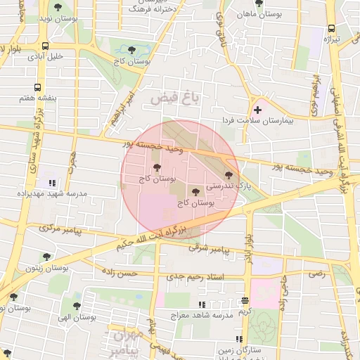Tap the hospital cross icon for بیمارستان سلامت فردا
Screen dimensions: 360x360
[258, 110]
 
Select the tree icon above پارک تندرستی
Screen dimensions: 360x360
[228, 174]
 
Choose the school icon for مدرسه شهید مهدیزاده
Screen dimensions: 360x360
[51, 183]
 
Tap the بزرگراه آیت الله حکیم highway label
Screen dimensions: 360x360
[154, 237]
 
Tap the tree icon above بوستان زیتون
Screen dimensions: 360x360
[47, 257]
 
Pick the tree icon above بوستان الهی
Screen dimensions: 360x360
[76, 306]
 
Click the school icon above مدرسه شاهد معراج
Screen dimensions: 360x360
[202, 304]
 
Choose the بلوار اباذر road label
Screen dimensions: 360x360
[248, 248]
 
